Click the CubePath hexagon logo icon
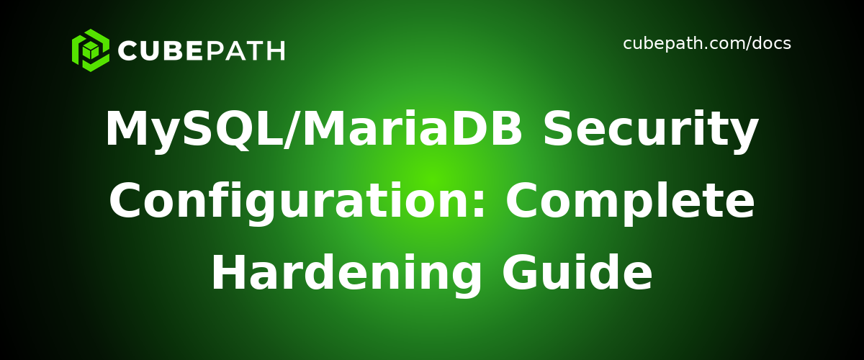[x=91, y=50]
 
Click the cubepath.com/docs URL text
[x=706, y=44]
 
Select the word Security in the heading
[x=650, y=130]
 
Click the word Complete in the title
[x=630, y=202]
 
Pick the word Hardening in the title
[x=346, y=274]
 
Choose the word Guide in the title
[x=577, y=274]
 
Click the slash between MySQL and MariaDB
[x=289, y=130]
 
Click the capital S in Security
[x=559, y=130]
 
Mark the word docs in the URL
[x=771, y=44]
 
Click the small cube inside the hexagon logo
[x=91, y=50]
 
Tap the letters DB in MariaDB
[x=497, y=130]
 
